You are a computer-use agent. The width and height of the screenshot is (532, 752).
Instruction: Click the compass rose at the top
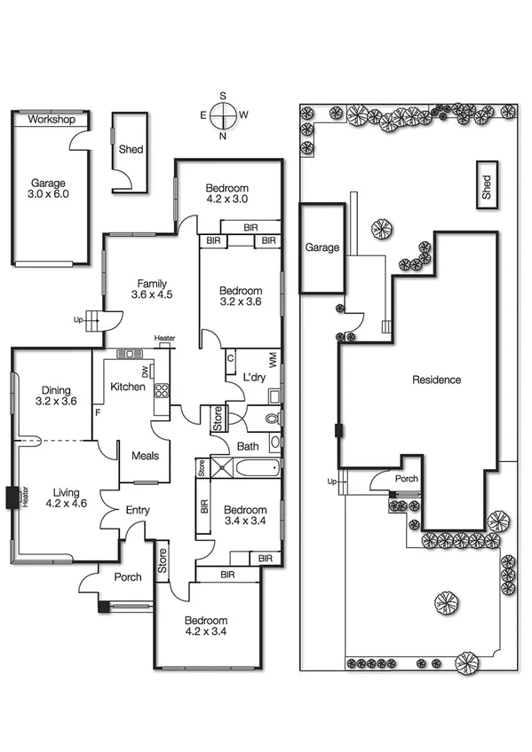click(223, 114)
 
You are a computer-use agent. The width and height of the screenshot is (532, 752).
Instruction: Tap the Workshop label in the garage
click(51, 120)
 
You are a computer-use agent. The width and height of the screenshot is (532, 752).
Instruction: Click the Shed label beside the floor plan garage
click(131, 150)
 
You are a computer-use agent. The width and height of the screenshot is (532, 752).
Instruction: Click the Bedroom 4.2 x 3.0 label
click(227, 193)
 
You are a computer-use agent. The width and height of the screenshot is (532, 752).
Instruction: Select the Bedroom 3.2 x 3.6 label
click(241, 297)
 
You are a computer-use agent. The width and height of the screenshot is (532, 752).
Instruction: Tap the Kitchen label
click(128, 388)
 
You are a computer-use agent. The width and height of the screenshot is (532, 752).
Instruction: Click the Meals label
click(145, 456)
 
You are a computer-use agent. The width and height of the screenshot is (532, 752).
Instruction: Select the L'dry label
click(256, 378)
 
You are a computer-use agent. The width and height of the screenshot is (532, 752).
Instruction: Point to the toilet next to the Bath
click(270, 417)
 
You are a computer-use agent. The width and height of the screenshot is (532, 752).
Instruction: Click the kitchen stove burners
click(162, 391)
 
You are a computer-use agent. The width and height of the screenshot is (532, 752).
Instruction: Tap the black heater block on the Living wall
click(12, 498)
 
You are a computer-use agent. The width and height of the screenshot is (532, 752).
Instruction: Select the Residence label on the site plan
click(436, 380)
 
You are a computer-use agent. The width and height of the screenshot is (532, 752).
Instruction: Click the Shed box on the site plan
click(486, 185)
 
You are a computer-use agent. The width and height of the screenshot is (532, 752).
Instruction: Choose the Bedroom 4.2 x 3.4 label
click(205, 626)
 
